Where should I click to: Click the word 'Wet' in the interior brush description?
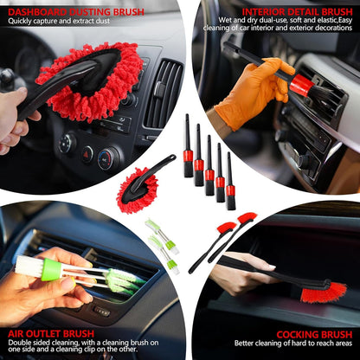[226, 19]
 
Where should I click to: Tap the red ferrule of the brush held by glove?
[300, 85]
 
